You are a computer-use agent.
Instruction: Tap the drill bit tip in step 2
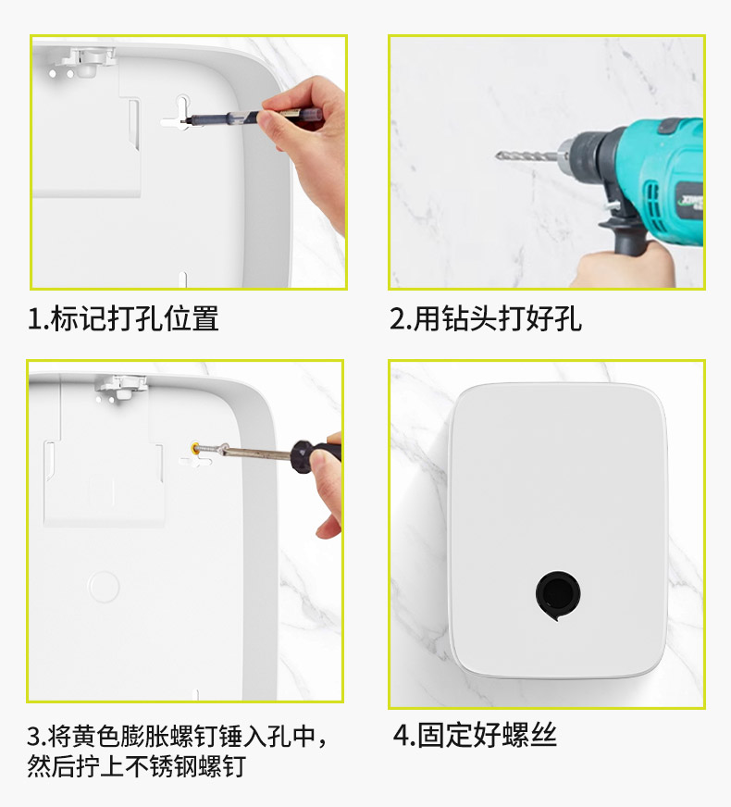(x=497, y=155)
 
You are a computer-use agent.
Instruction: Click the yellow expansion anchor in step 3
(x=196, y=447)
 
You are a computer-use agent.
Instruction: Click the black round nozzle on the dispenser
(x=558, y=594)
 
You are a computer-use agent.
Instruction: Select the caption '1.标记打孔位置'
(x=123, y=318)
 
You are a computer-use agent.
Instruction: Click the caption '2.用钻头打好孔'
(x=486, y=318)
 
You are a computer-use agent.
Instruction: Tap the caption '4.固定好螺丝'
(x=475, y=735)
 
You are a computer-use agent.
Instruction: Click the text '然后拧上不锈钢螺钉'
(x=136, y=766)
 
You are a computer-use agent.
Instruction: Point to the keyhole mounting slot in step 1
(x=181, y=113)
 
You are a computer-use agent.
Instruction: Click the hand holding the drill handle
(x=624, y=265)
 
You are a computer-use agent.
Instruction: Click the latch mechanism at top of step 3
(x=122, y=387)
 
